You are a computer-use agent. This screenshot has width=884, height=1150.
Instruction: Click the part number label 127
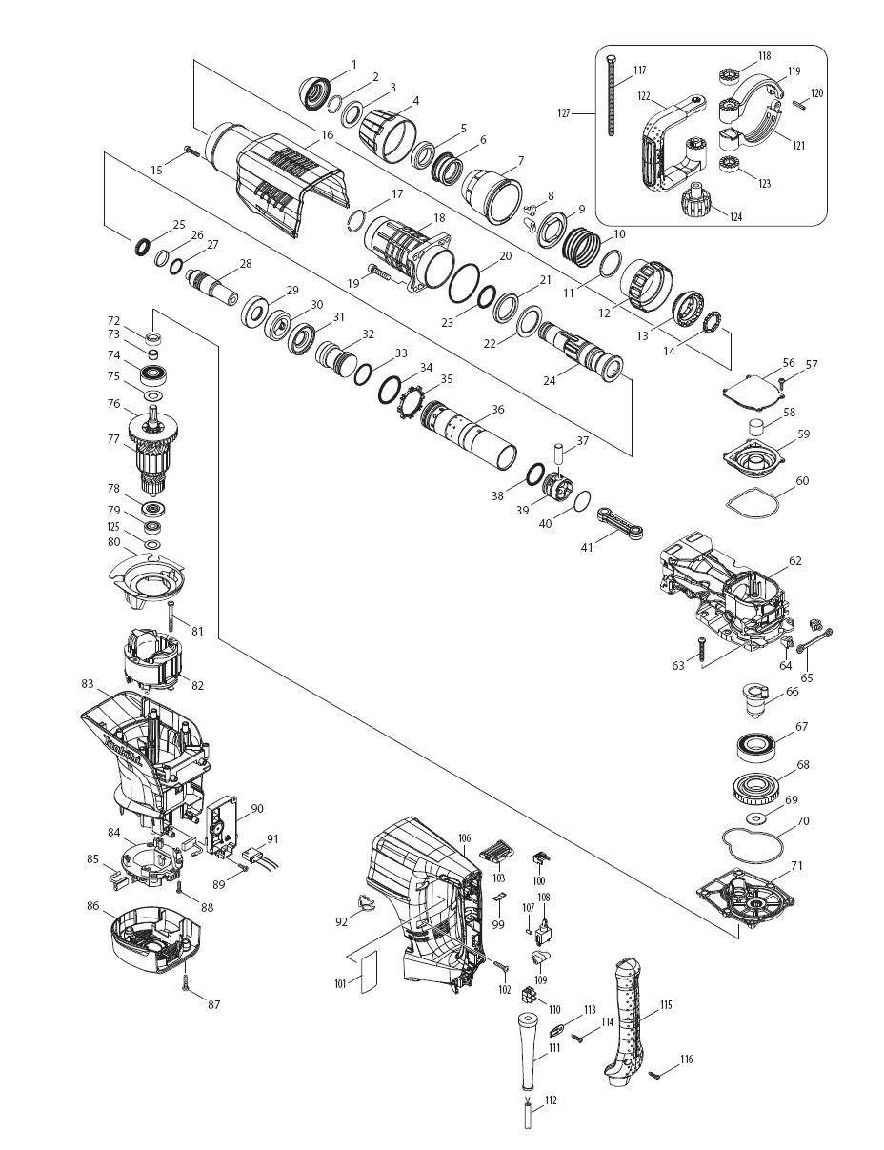(564, 113)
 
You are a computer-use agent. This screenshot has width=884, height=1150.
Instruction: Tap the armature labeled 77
(154, 458)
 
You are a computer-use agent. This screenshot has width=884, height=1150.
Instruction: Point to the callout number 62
(794, 561)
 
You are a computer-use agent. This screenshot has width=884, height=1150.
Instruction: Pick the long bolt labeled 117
(610, 95)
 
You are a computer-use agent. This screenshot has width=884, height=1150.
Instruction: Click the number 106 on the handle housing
(464, 838)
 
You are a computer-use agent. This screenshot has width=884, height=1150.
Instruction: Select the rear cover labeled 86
(152, 938)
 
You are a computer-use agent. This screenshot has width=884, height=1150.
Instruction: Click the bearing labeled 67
(764, 746)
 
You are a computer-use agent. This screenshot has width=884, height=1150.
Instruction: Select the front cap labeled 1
(314, 91)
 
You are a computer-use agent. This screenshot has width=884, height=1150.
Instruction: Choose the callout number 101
(340, 984)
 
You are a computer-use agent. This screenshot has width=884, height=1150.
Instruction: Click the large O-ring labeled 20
(465, 281)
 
